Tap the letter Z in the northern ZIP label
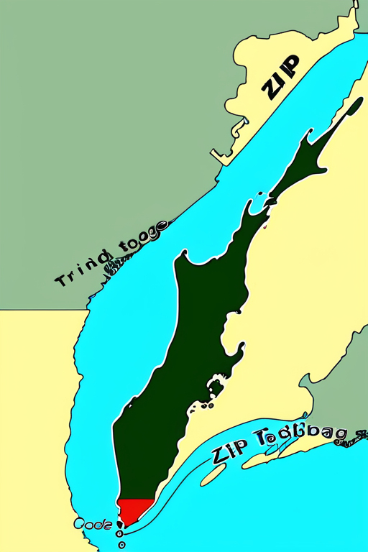tap(272, 88)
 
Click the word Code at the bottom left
tap(93, 525)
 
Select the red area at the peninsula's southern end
tap(134, 511)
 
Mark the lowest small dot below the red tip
tap(119, 544)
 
